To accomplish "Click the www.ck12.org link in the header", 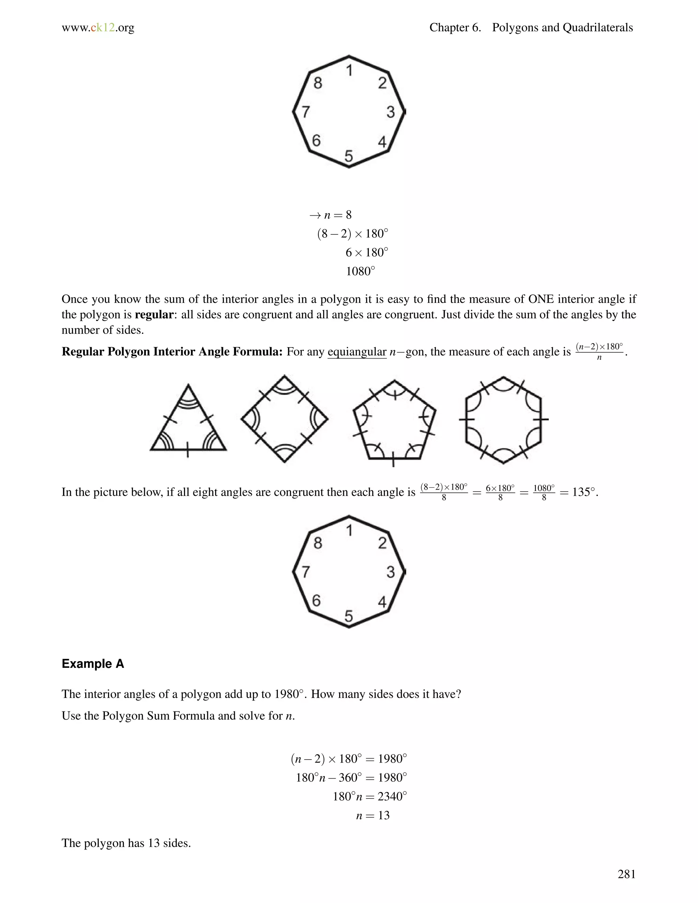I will [x=98, y=28].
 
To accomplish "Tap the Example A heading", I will [x=93, y=663].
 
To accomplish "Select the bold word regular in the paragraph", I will [x=154, y=315].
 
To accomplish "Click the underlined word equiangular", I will [x=356, y=352].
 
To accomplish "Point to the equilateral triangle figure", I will [x=188, y=422].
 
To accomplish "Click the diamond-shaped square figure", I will [x=285, y=419].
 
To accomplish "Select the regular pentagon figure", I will [x=394, y=422].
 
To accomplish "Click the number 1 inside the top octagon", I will [x=349, y=71].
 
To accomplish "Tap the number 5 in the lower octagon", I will [x=349, y=616].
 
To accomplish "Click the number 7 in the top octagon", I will [x=305, y=112].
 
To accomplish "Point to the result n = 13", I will [x=373, y=815].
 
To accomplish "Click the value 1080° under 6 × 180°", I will [x=360, y=271].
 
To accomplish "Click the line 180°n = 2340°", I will [x=370, y=796].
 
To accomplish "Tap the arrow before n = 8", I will [x=315, y=215].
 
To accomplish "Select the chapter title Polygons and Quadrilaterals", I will [x=562, y=28].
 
